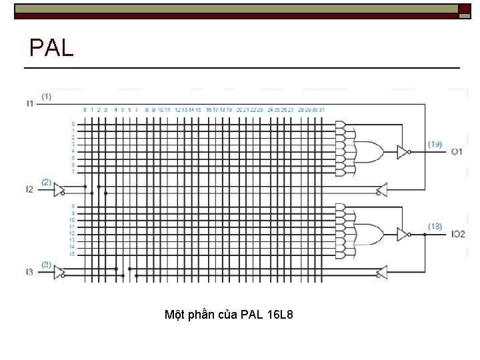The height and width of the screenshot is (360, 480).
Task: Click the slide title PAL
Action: [51, 47]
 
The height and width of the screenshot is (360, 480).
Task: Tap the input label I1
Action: [29, 103]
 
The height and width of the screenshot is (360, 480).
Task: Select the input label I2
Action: [29, 189]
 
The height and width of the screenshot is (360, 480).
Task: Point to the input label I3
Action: [29, 272]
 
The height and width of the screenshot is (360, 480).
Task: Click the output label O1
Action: [457, 152]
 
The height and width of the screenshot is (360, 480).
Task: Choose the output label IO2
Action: [458, 234]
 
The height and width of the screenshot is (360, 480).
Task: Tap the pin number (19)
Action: [435, 144]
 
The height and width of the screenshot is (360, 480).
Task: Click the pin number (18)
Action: [435, 227]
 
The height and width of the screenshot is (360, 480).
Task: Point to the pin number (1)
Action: [46, 96]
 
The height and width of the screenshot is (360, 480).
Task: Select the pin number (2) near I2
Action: [46, 181]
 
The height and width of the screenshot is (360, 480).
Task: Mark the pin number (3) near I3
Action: [46, 264]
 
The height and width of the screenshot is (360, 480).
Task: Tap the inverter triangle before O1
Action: [403, 152]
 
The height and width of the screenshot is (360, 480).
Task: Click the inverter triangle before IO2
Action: [403, 234]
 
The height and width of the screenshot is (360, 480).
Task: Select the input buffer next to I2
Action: [59, 189]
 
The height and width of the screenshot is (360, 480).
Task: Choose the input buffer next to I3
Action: [59, 272]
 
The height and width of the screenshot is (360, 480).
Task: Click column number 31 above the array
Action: [322, 109]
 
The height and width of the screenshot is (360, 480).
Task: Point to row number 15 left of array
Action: [73, 254]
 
